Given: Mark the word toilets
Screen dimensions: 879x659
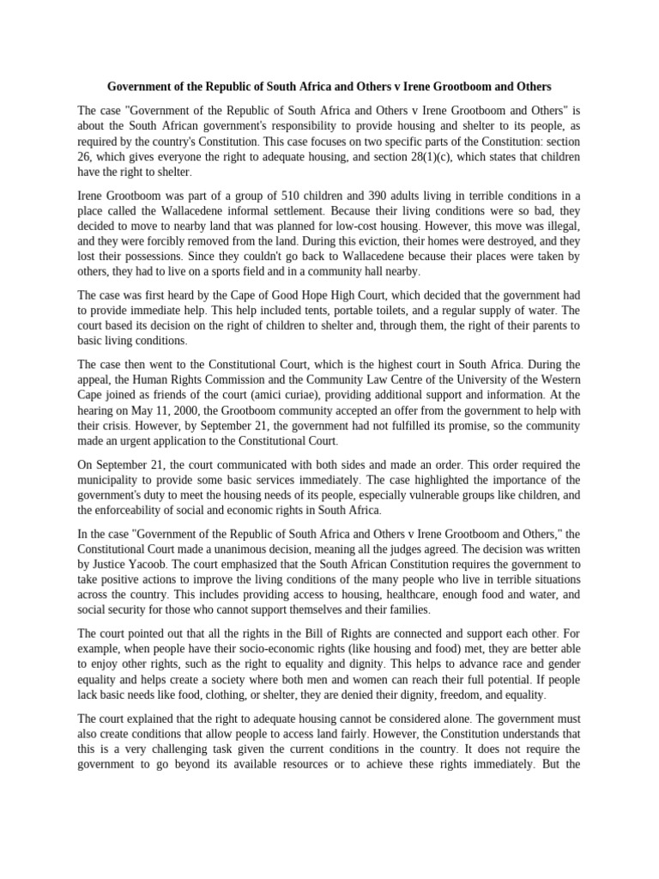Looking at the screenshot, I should point(390,311).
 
